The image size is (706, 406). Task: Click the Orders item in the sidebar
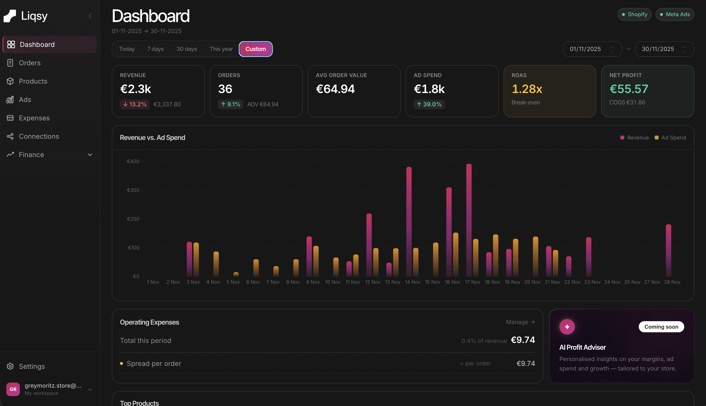pyautogui.click(x=29, y=63)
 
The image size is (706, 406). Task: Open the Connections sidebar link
pyautogui.click(x=38, y=136)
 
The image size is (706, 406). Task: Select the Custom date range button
pyautogui.click(x=255, y=49)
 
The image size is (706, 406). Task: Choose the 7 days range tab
pyautogui.click(x=155, y=49)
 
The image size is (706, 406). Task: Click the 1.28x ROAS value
pyautogui.click(x=526, y=89)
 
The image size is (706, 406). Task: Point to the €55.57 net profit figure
pyautogui.click(x=628, y=89)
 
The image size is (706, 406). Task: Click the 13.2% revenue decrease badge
pyautogui.click(x=135, y=104)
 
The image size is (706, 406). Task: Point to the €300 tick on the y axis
pyautogui.click(x=133, y=190)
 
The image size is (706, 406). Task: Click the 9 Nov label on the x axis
pyautogui.click(x=313, y=282)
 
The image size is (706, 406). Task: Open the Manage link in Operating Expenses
pyautogui.click(x=520, y=322)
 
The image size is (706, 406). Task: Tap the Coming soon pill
pyautogui.click(x=661, y=327)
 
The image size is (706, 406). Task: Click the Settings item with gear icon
pyautogui.click(x=31, y=366)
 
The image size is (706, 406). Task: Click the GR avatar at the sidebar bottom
pyautogui.click(x=13, y=389)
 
